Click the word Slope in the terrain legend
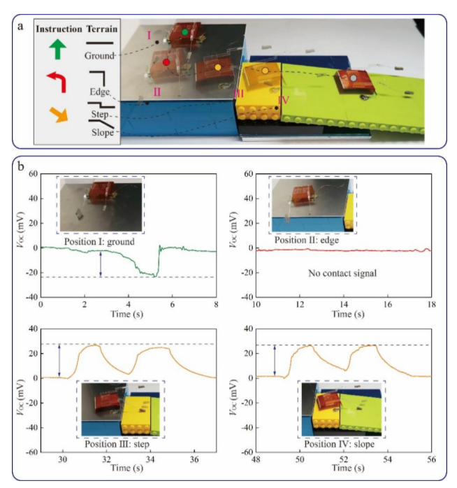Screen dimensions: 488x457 tap(102, 133)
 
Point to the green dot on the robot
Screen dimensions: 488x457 tap(184, 32)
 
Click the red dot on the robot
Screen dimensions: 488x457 tap(166, 62)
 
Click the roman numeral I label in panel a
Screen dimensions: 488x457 tap(149, 34)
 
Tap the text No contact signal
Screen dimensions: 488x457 tap(342, 273)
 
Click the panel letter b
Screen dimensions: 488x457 tap(22, 168)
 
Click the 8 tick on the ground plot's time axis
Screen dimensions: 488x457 tap(216, 305)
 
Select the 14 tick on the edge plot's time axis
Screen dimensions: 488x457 tap(342, 305)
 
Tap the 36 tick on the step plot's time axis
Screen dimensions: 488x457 tap(194, 459)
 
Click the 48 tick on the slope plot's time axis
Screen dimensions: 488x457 tap(256, 459)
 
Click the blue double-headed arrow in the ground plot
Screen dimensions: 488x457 tap(101, 264)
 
